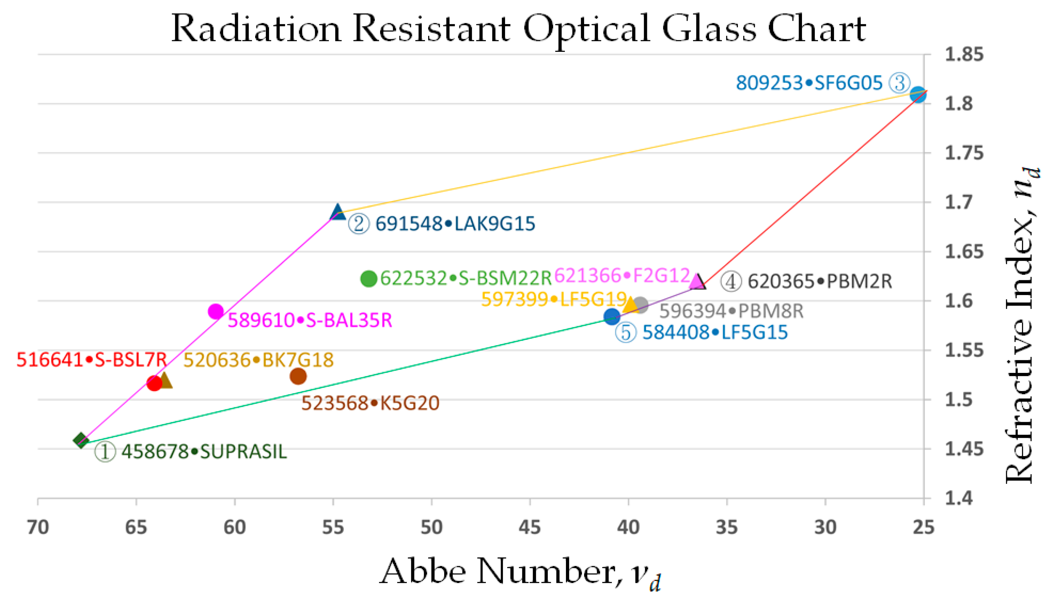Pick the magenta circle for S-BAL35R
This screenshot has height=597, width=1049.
click(x=216, y=312)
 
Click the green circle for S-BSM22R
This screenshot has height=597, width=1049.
click(x=368, y=279)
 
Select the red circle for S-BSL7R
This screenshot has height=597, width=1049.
click(x=154, y=383)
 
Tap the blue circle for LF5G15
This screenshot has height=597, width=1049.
click(x=612, y=316)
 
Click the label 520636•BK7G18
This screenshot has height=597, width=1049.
click(x=258, y=360)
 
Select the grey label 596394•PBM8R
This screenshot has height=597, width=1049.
click(x=731, y=311)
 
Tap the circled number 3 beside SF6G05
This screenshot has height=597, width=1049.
click(x=899, y=83)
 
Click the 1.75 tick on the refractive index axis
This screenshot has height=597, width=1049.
click(x=964, y=153)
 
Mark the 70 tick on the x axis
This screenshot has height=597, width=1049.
click(x=38, y=527)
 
